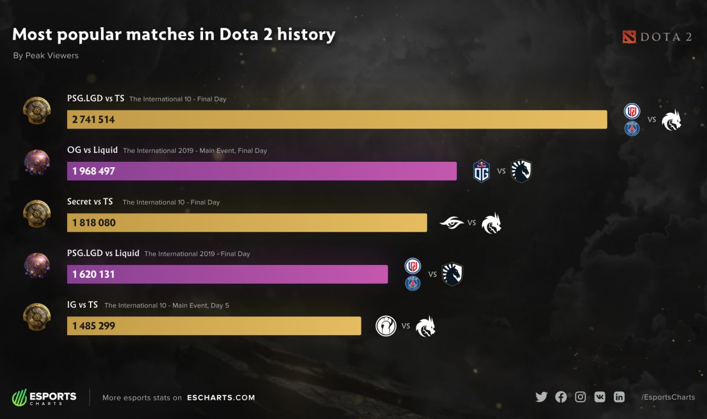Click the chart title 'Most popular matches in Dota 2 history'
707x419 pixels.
(173, 34)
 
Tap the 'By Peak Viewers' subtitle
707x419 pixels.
(46, 56)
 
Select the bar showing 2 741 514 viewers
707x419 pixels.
(337, 120)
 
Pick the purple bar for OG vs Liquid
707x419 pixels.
(262, 171)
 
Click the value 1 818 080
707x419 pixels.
(94, 223)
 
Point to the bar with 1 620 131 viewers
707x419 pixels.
(227, 274)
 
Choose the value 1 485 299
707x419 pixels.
(94, 326)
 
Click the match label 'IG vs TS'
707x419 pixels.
(82, 305)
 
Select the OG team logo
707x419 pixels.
(482, 171)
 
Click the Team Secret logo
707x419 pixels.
(451, 223)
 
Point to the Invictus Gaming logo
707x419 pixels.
(385, 326)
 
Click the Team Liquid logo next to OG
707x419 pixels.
(521, 171)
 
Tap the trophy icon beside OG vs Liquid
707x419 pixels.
(37, 162)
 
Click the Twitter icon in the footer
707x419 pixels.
(541, 397)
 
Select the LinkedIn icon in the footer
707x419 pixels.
(619, 397)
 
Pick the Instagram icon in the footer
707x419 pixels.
(580, 397)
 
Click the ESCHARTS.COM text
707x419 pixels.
(221, 398)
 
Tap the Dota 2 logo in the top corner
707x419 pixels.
(657, 37)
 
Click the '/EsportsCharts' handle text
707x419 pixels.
(668, 397)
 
